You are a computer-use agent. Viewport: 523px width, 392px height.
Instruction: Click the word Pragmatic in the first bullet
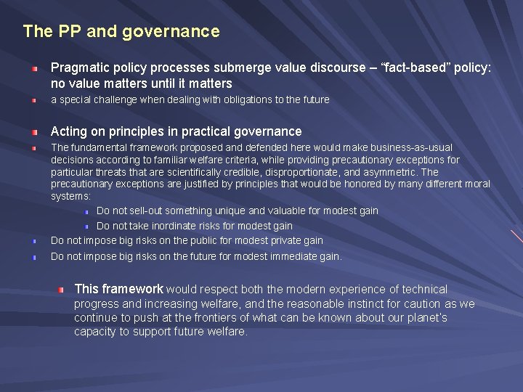(79, 68)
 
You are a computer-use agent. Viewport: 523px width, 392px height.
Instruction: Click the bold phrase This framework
(118, 289)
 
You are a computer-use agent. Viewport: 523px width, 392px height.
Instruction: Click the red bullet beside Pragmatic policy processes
(34, 68)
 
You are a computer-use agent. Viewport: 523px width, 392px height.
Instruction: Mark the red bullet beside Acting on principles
(34, 132)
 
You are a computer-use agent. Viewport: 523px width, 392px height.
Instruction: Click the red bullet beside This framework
(61, 290)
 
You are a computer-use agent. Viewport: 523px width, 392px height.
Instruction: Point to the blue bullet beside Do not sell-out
(85, 211)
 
